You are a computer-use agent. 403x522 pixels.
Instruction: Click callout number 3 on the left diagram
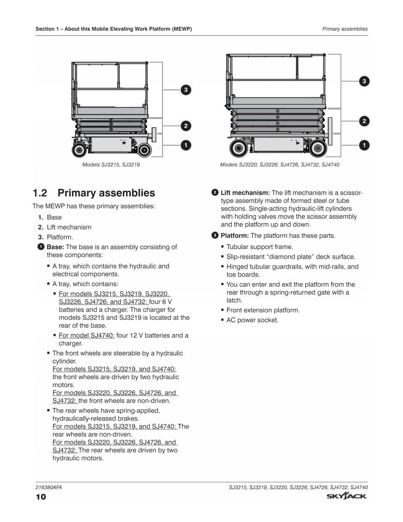click(185, 89)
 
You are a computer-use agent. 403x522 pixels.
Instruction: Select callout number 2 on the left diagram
click(185, 126)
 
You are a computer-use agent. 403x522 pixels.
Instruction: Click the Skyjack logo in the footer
click(347, 497)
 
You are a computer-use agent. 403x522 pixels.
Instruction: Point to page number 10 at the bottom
click(40, 498)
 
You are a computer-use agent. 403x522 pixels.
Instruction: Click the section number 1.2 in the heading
click(42, 193)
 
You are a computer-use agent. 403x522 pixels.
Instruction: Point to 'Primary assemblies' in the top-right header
click(345, 29)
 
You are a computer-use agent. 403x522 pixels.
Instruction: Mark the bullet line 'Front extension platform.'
click(263, 310)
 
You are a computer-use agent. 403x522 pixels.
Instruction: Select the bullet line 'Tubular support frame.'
click(260, 247)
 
